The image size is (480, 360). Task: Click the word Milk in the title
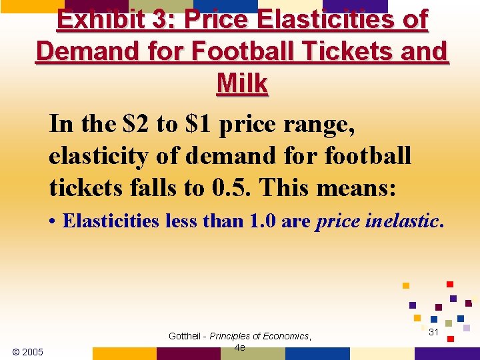pos(242,84)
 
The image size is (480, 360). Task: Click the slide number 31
pos(433,332)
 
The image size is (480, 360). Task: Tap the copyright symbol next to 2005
pos(16,352)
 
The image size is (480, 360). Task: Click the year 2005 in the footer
pos(32,352)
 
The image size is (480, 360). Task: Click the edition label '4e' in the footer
pos(240,347)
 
